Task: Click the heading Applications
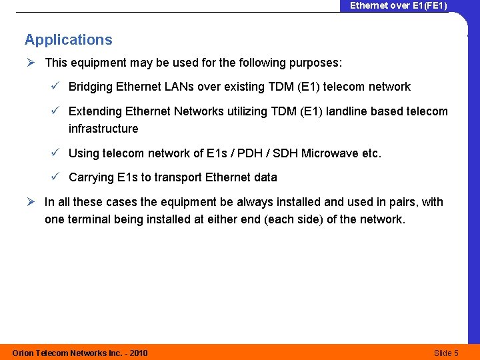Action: [69, 40]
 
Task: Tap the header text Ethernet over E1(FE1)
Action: [399, 5]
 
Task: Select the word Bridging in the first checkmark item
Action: [91, 87]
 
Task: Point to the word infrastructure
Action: [103, 129]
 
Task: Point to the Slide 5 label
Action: [446, 353]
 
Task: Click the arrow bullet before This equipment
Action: [31, 63]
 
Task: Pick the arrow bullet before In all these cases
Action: [31, 202]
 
